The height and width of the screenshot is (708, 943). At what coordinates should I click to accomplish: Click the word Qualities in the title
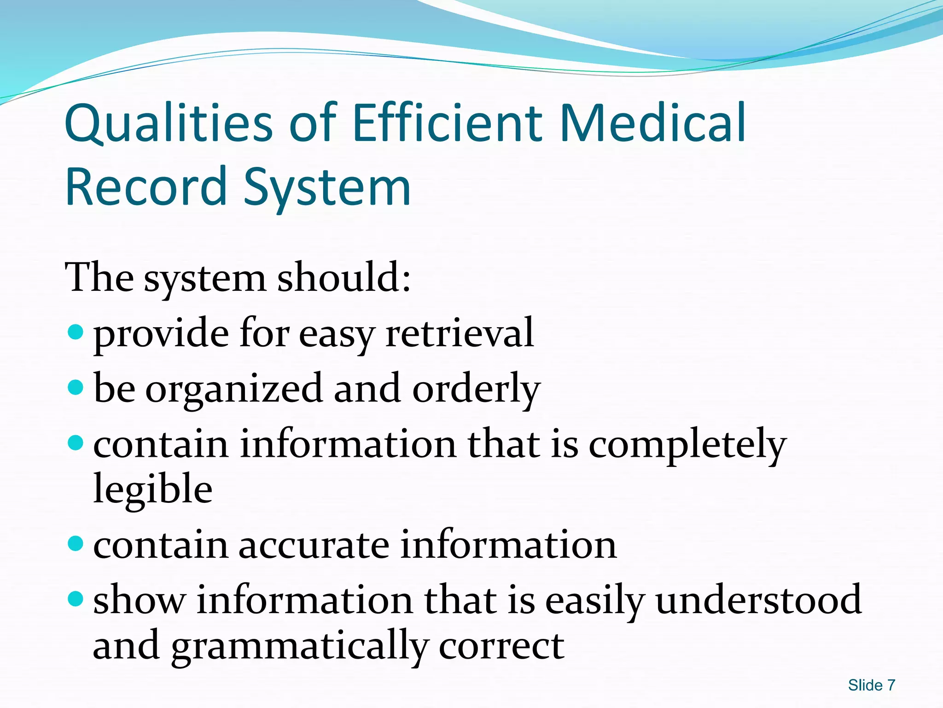[x=169, y=124]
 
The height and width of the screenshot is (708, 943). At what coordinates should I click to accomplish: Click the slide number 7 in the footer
[x=891, y=685]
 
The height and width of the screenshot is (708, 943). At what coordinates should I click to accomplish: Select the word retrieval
[x=460, y=332]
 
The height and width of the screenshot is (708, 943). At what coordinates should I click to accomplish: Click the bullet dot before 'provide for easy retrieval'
[x=75, y=331]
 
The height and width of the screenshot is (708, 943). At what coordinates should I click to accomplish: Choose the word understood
[x=758, y=600]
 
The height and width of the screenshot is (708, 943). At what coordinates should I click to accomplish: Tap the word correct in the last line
[x=501, y=646]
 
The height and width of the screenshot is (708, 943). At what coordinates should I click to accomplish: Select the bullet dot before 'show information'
[x=75, y=599]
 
